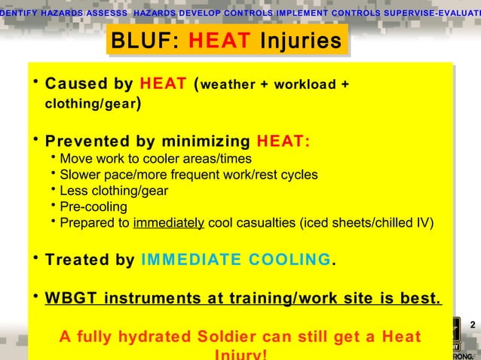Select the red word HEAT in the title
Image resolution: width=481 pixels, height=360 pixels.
220,41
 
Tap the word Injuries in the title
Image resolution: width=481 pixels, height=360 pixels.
299,41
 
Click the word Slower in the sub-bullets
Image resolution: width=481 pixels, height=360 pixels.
79,175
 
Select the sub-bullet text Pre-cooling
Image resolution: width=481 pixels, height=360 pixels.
93,206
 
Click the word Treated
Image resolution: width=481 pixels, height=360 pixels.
78,260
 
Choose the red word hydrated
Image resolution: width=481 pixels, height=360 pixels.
141,334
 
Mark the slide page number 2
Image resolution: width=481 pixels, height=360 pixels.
472,325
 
